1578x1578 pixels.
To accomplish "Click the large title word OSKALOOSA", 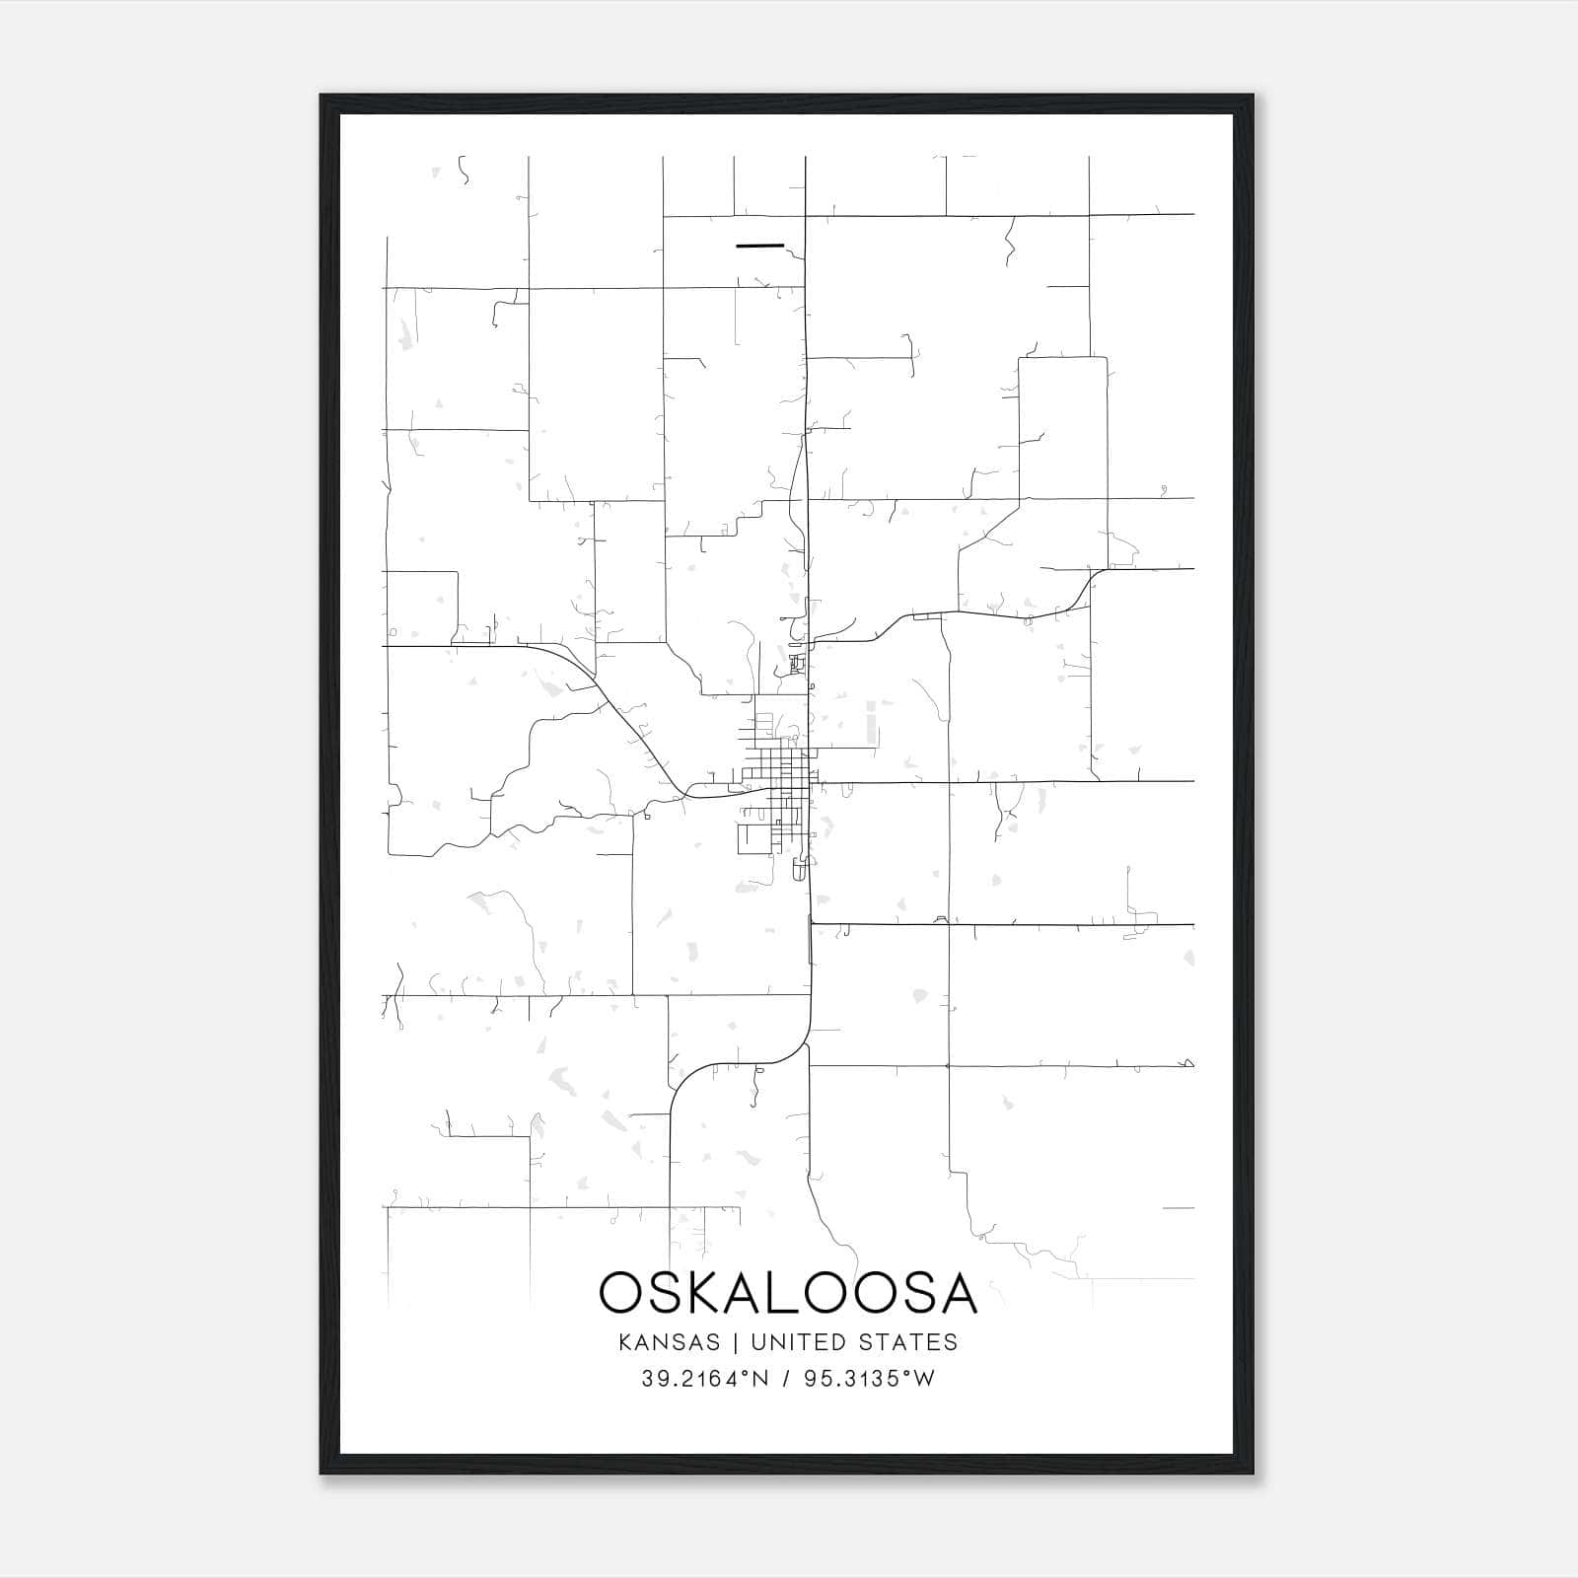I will [787, 1293].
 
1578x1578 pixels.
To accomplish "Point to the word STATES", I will [907, 1342].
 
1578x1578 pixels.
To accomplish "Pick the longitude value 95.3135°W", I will [868, 1379].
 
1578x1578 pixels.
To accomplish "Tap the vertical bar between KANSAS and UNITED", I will [735, 1342].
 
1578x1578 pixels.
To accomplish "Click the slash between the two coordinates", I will [785, 1379].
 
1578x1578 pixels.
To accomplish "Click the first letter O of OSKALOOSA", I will [621, 1293].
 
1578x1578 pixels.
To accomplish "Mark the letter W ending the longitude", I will [924, 1379].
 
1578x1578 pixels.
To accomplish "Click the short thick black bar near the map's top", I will [759, 245].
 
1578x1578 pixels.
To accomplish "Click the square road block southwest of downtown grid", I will [753, 839].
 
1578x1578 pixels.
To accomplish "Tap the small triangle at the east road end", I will [1188, 1063].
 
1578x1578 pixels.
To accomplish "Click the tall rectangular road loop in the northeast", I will [1062, 429].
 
